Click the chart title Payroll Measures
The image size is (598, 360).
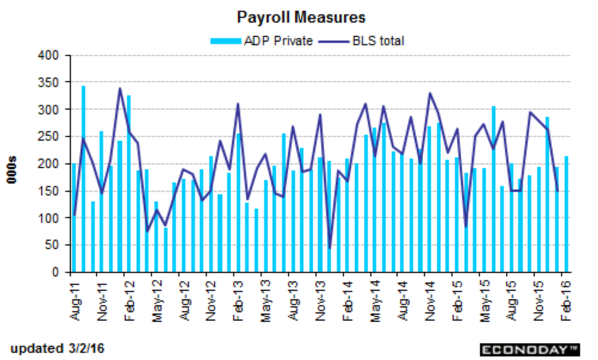[301, 17]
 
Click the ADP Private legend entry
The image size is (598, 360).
[262, 41]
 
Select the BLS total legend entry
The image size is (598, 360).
[361, 41]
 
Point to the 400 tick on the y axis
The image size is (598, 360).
[48, 55]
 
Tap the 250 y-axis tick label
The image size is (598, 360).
[48, 137]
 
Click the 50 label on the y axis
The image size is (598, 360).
[52, 245]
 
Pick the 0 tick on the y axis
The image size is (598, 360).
[55, 272]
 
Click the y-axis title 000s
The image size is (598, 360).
[12, 170]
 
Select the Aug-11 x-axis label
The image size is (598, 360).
[76, 299]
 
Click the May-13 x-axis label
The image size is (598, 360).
[265, 300]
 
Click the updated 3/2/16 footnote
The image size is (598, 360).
[57, 349]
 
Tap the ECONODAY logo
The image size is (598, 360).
[529, 350]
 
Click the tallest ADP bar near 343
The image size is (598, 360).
[83, 179]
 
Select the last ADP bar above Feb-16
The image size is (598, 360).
[566, 214]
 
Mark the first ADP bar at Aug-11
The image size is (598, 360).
[75, 218]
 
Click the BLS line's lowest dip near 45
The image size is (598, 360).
[330, 249]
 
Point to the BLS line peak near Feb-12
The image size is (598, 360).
[120, 88]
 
